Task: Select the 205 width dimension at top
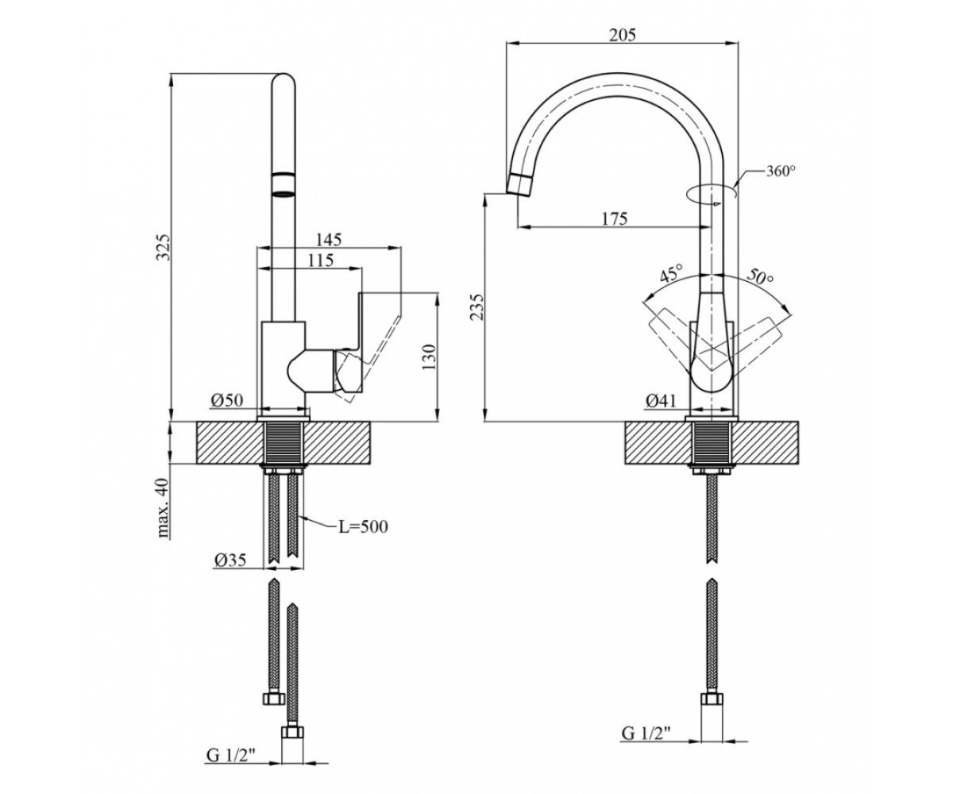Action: [x=623, y=35]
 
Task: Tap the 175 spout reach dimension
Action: [x=615, y=218]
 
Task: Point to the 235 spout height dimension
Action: [x=476, y=306]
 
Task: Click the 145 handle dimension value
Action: [x=329, y=240]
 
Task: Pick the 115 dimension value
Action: [x=320, y=260]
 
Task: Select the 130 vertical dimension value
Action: [x=429, y=357]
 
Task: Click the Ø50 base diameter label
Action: [x=227, y=401]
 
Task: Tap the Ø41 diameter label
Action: [x=662, y=401]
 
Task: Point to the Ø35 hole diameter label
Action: [x=230, y=560]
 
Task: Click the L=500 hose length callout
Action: [x=363, y=526]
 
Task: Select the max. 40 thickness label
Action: [x=163, y=507]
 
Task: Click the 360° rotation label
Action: [x=781, y=172]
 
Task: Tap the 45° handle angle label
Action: [x=672, y=273]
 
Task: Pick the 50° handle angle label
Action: [x=760, y=276]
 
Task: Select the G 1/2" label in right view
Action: [x=646, y=734]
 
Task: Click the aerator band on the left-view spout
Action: [x=284, y=185]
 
